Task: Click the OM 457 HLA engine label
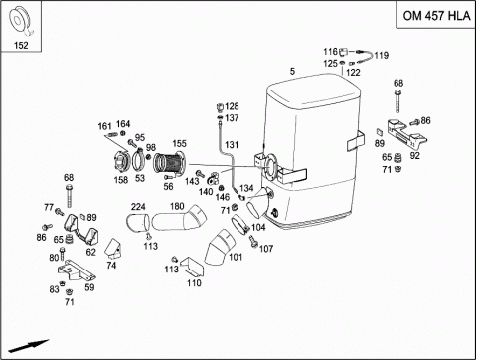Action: (x=436, y=16)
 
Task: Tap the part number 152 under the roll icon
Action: (x=21, y=45)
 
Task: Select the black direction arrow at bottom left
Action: (x=29, y=346)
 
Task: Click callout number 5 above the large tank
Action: (x=292, y=71)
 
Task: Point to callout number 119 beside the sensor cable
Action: (x=382, y=55)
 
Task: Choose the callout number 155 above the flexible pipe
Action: (x=179, y=143)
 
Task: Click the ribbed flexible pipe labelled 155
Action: (x=170, y=162)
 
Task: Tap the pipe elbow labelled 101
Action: (x=219, y=247)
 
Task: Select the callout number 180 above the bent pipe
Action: (x=177, y=206)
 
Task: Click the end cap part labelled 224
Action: (x=138, y=222)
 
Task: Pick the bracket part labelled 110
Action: (x=192, y=267)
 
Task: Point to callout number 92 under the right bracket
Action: (x=415, y=155)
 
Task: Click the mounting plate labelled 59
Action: (x=77, y=270)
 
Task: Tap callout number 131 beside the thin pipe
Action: (x=232, y=145)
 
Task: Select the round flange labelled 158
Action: (x=120, y=162)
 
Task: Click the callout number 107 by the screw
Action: (x=266, y=249)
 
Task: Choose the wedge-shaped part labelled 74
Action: (x=113, y=248)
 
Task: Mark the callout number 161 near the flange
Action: (x=104, y=126)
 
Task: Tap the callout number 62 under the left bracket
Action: (x=90, y=252)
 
